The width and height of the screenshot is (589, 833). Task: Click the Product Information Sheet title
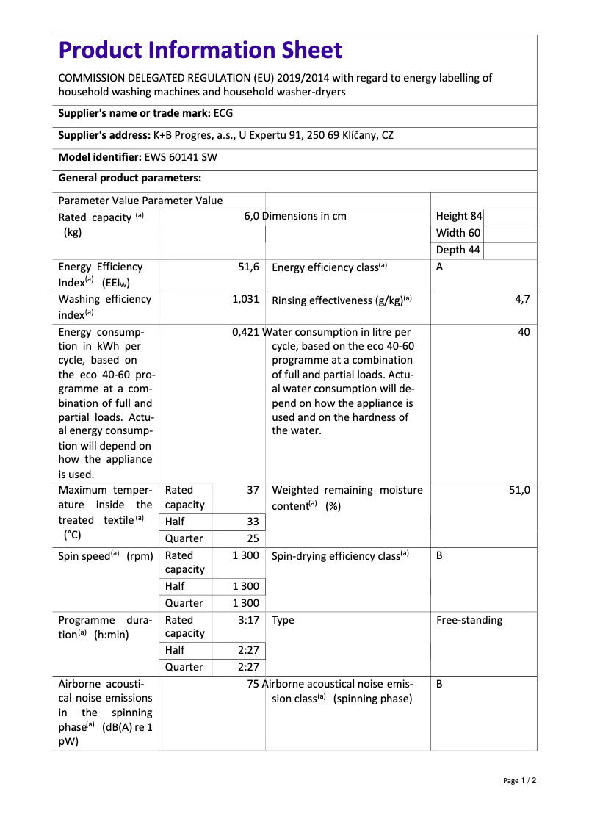[x=200, y=51]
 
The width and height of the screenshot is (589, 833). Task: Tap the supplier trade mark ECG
[x=223, y=113]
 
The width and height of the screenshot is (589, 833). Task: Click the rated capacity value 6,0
[x=252, y=216]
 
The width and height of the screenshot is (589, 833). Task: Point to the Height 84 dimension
[x=459, y=216]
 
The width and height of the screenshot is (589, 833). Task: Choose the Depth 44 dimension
[x=458, y=250]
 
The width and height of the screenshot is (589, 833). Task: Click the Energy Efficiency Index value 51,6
[x=248, y=267]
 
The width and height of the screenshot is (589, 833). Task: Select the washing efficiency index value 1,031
[x=245, y=300]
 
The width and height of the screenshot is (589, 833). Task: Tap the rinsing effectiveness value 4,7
[x=522, y=300]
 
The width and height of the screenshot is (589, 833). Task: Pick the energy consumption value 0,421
[x=245, y=332]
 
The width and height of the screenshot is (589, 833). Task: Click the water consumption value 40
[x=524, y=332]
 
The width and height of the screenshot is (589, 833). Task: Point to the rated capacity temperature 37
[x=253, y=490]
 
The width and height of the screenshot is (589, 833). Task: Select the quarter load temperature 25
[x=253, y=538]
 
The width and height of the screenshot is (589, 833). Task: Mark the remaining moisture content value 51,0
[x=519, y=490]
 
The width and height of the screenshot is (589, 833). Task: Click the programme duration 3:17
[x=249, y=620]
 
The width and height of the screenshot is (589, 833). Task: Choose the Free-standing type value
[x=469, y=620]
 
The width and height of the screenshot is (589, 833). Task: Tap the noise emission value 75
[x=253, y=684]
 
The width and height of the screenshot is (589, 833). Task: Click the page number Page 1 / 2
[x=519, y=780]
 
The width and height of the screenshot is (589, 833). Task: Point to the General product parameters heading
[x=129, y=178]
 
